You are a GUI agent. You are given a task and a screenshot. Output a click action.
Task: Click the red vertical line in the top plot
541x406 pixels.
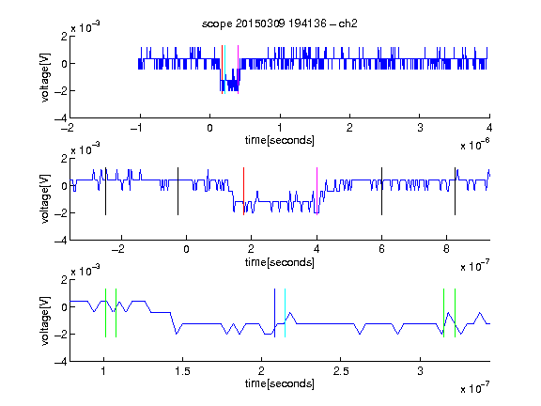222,70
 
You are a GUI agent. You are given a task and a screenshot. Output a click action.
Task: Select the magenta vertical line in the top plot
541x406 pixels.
238,70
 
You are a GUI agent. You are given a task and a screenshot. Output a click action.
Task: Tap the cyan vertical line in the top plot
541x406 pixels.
224,70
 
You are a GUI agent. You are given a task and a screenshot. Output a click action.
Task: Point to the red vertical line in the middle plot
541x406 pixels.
243,192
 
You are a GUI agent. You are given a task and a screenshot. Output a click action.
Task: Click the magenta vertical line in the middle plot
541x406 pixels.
317,192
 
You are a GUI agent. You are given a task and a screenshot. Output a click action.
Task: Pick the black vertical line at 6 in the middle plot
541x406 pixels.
381,192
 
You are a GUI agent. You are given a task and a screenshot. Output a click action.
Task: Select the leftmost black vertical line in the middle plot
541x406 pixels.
105,192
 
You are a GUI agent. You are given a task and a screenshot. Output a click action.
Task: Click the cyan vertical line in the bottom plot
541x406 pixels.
285,313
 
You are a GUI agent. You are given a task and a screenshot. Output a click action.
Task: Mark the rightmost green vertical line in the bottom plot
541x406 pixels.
456,313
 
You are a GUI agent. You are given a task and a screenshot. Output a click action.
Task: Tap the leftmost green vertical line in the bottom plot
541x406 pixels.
105,313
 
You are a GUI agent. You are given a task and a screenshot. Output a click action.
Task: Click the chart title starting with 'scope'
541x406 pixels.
280,23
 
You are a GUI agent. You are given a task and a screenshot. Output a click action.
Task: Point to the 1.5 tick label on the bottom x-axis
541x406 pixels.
182,371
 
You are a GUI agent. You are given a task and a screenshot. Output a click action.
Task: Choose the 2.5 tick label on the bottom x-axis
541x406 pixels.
341,371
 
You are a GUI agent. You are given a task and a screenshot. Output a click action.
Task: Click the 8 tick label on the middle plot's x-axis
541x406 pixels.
446,249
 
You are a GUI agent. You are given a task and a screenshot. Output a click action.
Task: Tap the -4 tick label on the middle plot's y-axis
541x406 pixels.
61,241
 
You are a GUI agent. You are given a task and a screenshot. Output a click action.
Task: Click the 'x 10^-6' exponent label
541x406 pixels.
475,145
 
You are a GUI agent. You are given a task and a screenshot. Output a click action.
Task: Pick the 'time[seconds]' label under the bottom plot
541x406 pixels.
280,383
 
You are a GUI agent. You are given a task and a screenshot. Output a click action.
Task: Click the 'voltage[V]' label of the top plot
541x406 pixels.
45,77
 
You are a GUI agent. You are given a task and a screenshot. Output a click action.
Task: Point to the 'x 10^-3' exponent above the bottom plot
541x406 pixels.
85,271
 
